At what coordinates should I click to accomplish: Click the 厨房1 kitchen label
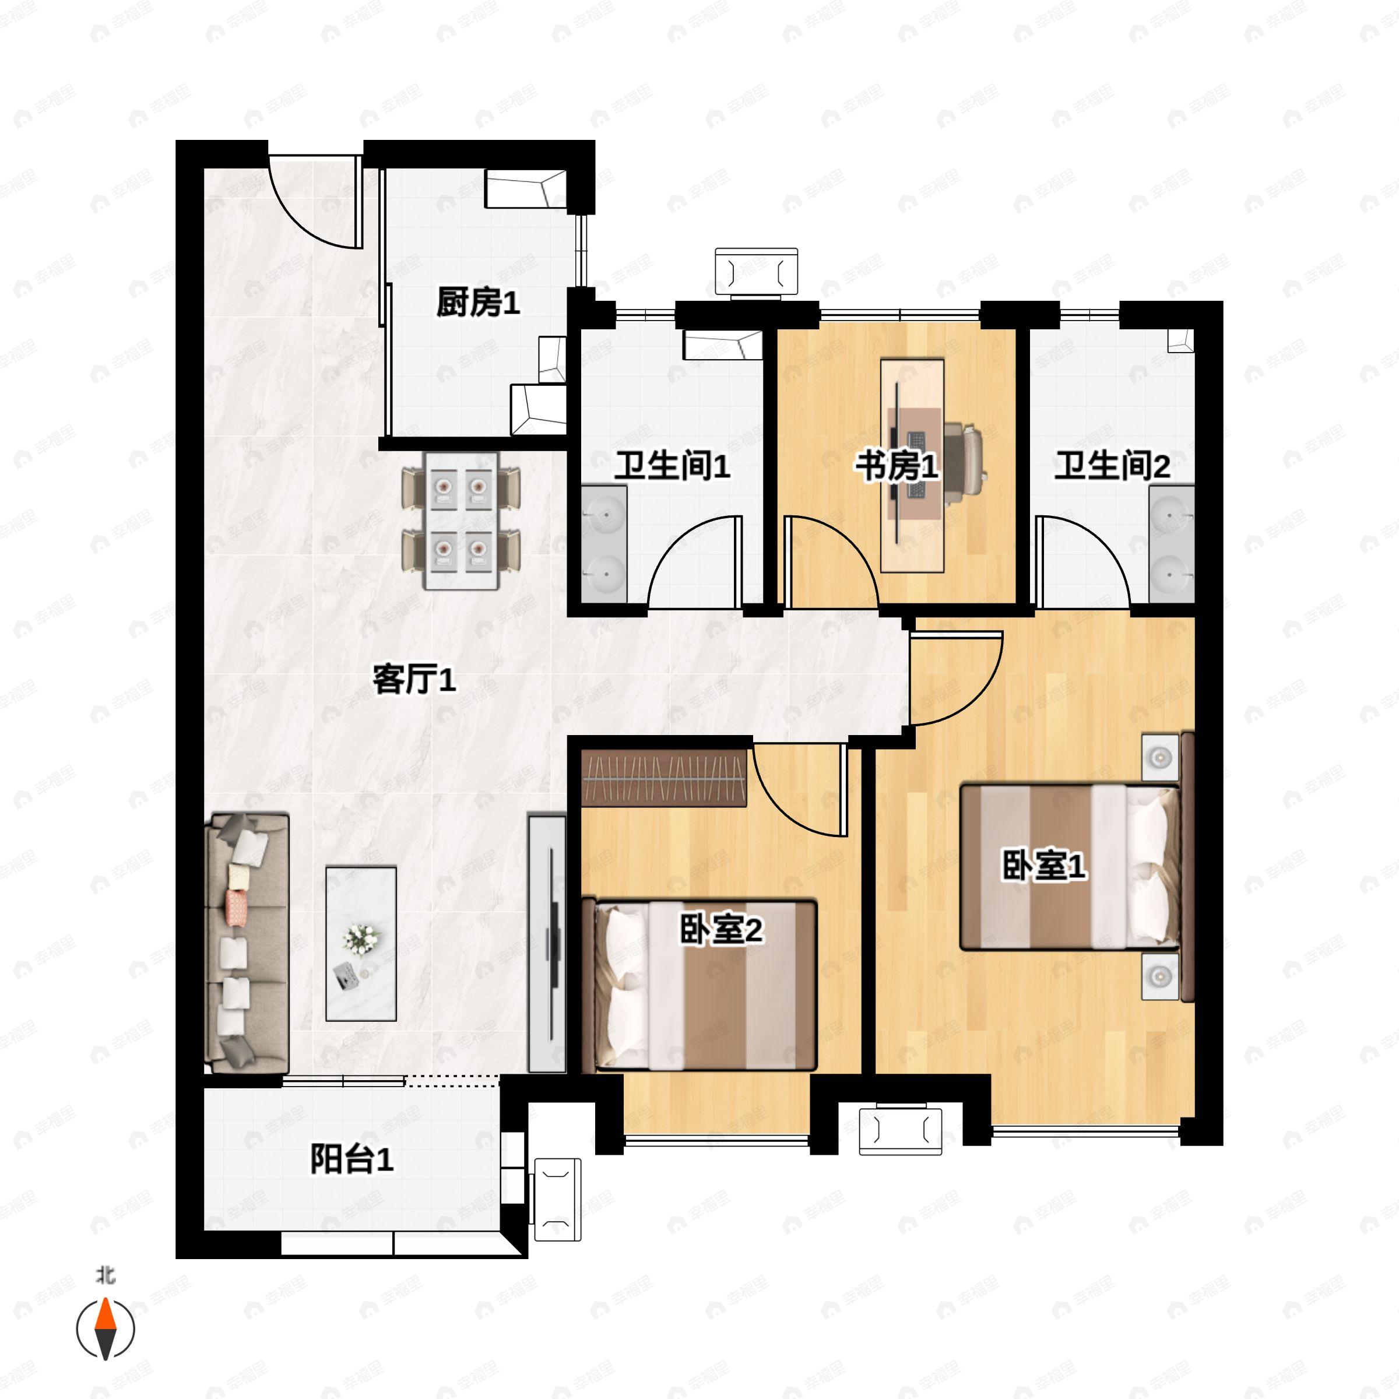pos(478,302)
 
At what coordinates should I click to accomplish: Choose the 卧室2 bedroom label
pos(721,930)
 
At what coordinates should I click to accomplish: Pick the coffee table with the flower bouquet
pos(361,944)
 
